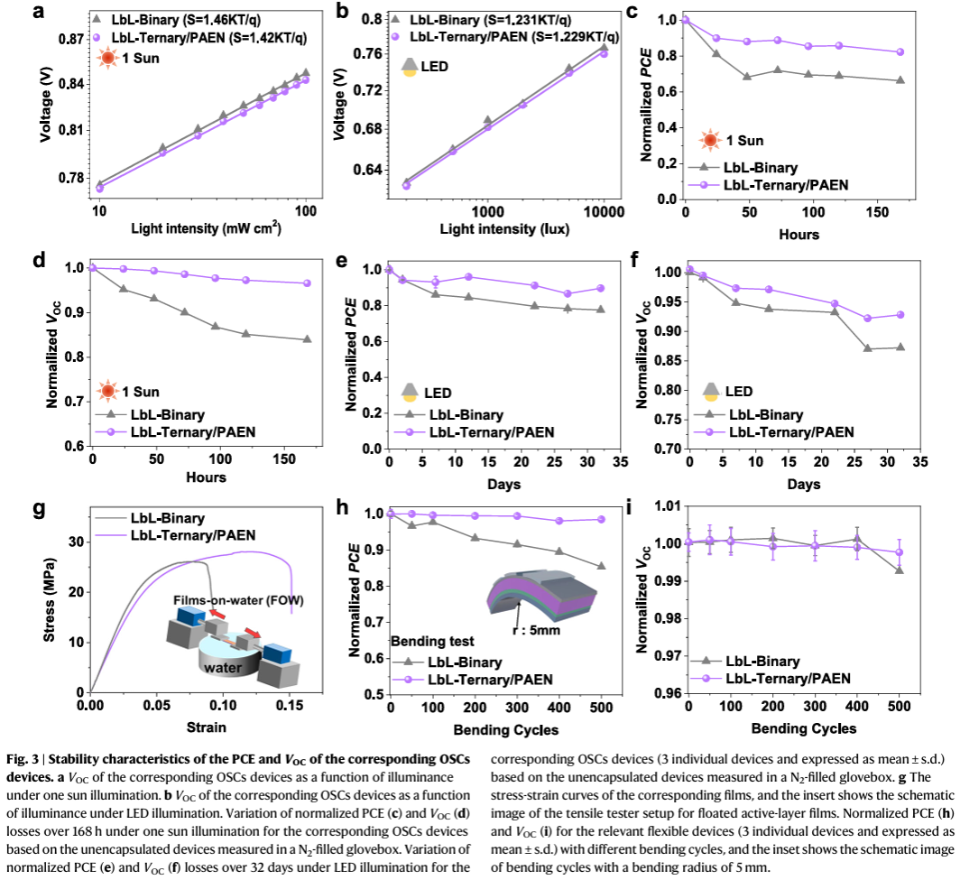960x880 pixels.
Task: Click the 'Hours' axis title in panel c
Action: [799, 235]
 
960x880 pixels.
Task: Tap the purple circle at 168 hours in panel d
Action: [307, 283]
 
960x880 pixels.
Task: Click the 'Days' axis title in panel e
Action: [502, 485]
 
